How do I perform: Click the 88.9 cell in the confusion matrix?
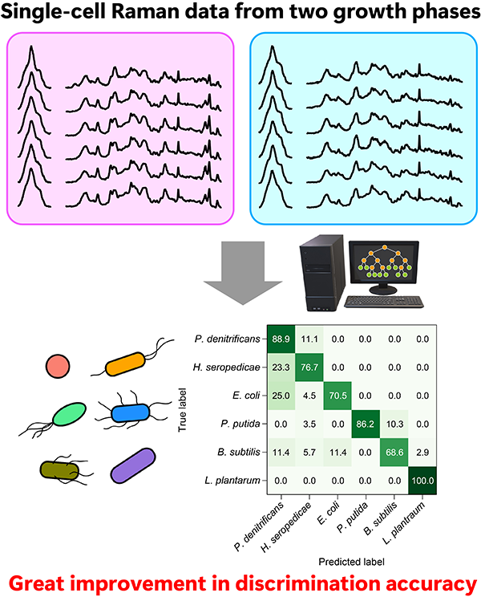coord(281,339)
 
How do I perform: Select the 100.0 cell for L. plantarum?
coord(422,481)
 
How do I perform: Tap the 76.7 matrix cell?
coord(309,368)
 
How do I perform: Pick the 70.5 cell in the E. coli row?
coord(338,396)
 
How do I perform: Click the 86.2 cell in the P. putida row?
coord(366,424)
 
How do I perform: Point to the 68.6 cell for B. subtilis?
coord(394,453)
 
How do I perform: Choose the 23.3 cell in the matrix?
coord(281,368)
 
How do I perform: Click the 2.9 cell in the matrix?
coord(422,453)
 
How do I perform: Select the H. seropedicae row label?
coord(227,368)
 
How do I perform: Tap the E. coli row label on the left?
coord(246,396)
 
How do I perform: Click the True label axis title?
coord(183,410)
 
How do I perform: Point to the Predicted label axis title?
coord(352,562)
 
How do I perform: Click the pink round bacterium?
coord(58,366)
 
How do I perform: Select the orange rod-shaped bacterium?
coord(125,364)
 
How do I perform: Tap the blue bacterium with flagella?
coord(131,413)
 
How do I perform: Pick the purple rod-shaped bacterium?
coord(133,465)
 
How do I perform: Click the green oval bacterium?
coord(69,414)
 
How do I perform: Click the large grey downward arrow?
coord(243,273)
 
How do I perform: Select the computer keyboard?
coord(384,302)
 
